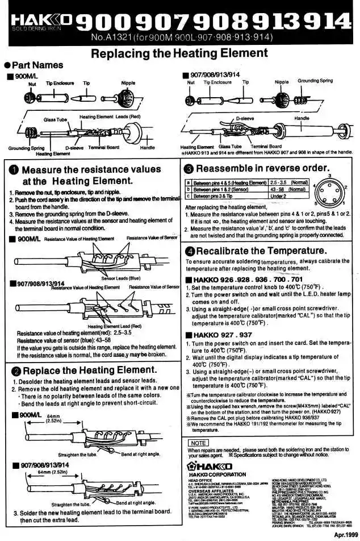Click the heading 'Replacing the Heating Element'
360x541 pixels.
pos(179,53)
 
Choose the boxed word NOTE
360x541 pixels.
pos(197,442)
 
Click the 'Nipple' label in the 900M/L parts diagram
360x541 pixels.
pos(128,83)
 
